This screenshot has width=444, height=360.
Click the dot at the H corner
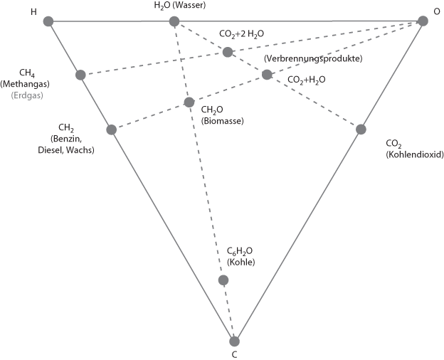(x=48, y=21)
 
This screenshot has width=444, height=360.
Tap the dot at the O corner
(x=423, y=21)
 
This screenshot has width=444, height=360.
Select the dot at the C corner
(x=234, y=341)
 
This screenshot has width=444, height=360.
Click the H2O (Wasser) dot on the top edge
(x=174, y=21)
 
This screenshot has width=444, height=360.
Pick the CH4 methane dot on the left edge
(x=80, y=75)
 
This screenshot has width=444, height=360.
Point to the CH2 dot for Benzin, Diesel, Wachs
(x=111, y=129)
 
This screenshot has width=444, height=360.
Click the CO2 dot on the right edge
(x=361, y=129)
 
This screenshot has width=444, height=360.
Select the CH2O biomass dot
(x=189, y=102)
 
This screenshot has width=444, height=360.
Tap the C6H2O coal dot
(x=223, y=280)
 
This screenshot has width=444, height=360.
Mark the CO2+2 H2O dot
(x=228, y=52)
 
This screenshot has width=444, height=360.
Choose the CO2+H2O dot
(x=267, y=75)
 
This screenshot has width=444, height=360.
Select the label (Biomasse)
(x=222, y=121)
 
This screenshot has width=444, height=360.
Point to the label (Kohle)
(x=240, y=262)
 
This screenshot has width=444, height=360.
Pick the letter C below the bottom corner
(x=234, y=354)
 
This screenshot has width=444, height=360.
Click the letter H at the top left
(x=34, y=12)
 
